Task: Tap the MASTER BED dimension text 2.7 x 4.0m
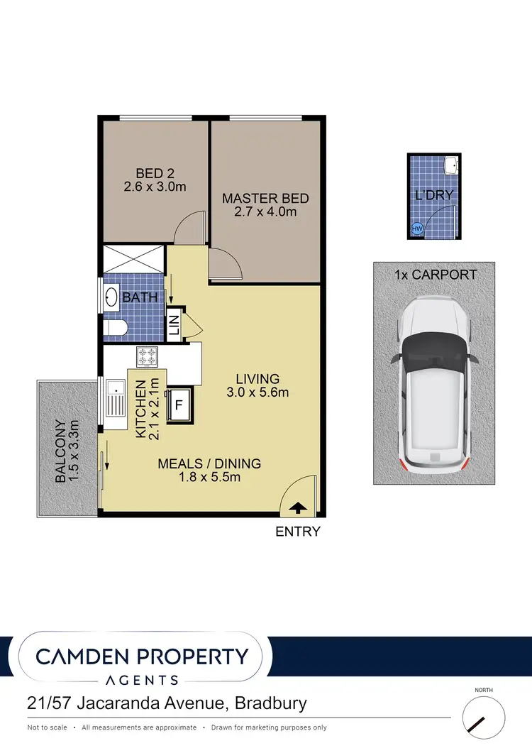pos(265,212)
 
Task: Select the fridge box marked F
pos(179,407)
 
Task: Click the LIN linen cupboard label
pos(174,325)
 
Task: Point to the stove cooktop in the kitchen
pos(147,356)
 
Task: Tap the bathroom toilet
pos(113,327)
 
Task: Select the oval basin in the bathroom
pos(111,297)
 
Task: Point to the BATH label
pos(140,297)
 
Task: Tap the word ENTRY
pos(298,531)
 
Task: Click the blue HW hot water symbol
pos(417,229)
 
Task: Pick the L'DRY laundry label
pos(433,194)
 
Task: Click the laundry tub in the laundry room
pos(450,167)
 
